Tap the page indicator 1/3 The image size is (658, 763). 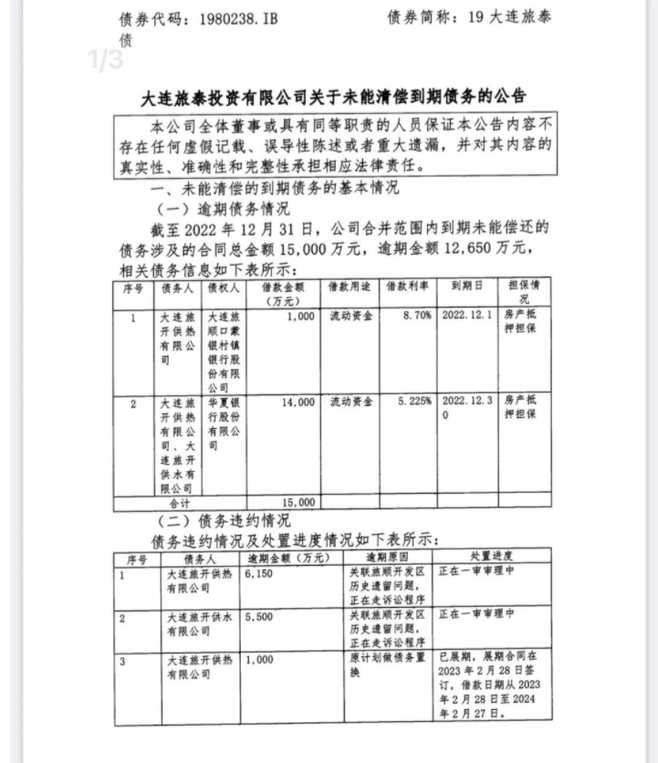105,60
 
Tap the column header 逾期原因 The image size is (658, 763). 388,556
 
